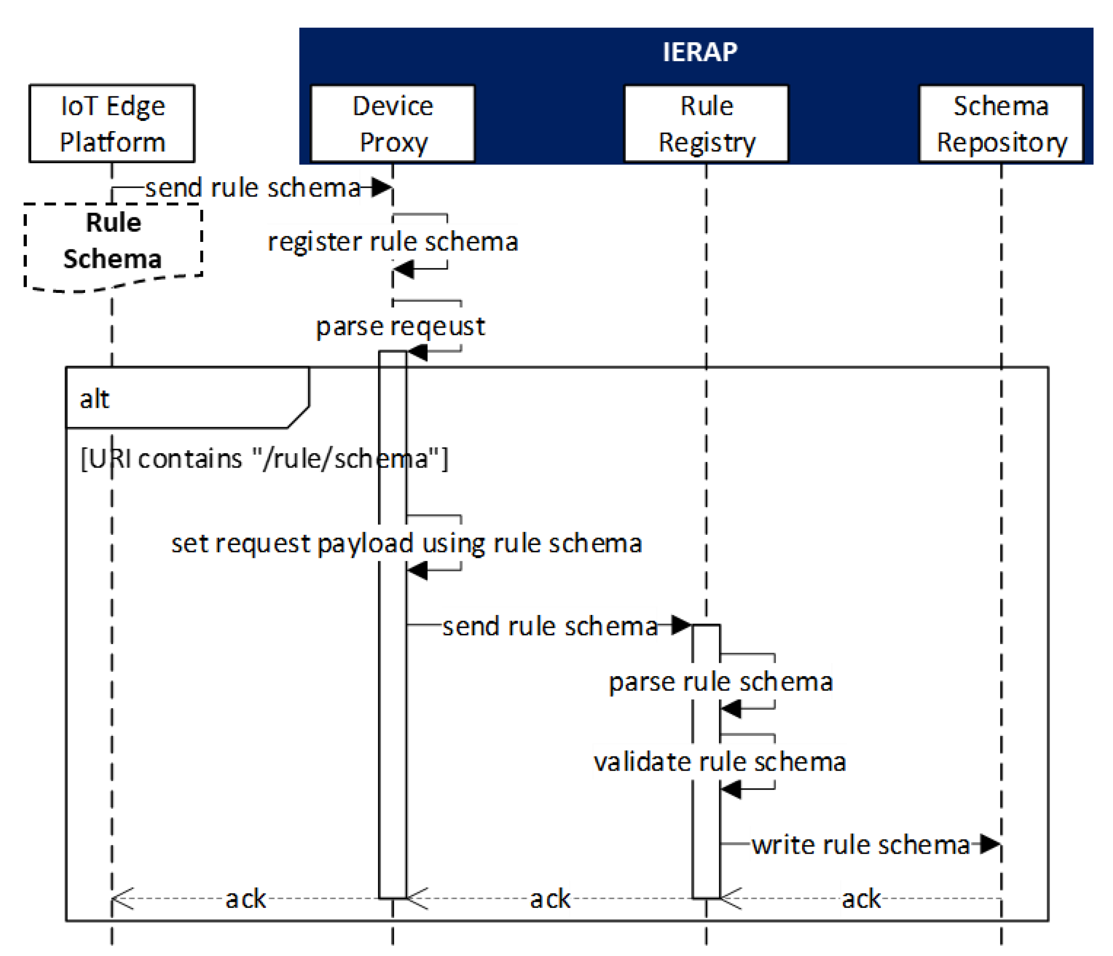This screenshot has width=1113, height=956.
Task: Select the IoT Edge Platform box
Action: pyautogui.click(x=112, y=124)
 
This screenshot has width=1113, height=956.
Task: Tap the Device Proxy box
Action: pyautogui.click(x=392, y=124)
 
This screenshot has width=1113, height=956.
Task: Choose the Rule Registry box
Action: pyautogui.click(x=706, y=124)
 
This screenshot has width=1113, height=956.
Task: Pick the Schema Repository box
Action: pyautogui.click(x=1001, y=124)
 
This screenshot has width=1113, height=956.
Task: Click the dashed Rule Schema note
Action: pyautogui.click(x=113, y=242)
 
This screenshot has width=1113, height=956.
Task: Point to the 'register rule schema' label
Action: pyautogui.click(x=392, y=242)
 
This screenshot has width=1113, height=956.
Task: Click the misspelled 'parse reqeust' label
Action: pyautogui.click(x=400, y=327)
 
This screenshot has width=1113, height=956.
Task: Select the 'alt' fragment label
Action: pyautogui.click(x=95, y=399)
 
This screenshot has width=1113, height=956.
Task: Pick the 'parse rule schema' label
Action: pyautogui.click(x=721, y=682)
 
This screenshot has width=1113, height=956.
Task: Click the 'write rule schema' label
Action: pyautogui.click(x=860, y=845)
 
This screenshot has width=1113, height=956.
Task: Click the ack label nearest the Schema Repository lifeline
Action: pyautogui.click(x=861, y=899)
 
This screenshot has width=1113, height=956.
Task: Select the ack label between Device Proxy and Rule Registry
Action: pyautogui.click(x=550, y=899)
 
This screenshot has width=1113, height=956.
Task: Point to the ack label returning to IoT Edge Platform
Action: pyautogui.click(x=246, y=899)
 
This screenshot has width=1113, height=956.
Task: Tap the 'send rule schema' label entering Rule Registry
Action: pyautogui.click(x=550, y=626)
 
